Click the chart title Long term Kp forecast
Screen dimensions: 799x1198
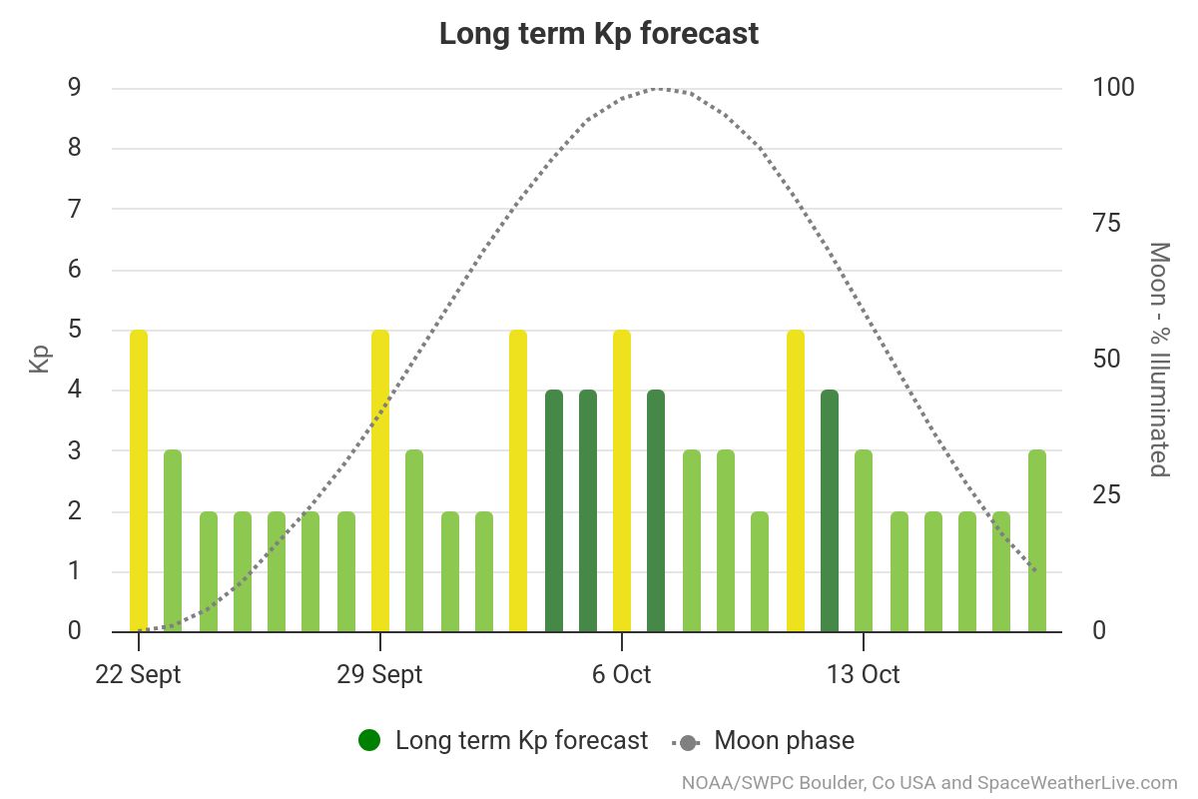(x=599, y=33)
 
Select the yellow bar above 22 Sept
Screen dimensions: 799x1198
(x=139, y=480)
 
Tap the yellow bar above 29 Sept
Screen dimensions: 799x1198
(x=380, y=480)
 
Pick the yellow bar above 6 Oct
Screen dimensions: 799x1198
(x=622, y=480)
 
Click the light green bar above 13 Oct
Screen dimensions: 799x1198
(x=864, y=540)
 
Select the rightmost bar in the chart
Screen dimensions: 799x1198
(x=1037, y=540)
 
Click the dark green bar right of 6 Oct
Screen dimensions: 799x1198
(x=656, y=510)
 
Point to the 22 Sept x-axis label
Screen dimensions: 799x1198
(x=139, y=674)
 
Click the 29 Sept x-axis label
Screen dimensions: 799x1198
(x=380, y=674)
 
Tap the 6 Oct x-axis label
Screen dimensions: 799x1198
(x=621, y=674)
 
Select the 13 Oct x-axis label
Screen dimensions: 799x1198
(x=863, y=674)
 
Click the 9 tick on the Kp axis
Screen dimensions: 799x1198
(x=75, y=88)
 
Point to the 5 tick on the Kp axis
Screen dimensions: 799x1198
(x=75, y=330)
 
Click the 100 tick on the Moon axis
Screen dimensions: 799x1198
(x=1113, y=88)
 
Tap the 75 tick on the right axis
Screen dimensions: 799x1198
(x=1107, y=224)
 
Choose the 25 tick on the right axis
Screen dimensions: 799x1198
(x=1107, y=495)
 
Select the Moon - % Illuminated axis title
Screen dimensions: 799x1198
(x=1159, y=360)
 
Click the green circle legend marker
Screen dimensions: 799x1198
(x=369, y=741)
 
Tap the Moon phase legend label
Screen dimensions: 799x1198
(x=784, y=741)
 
